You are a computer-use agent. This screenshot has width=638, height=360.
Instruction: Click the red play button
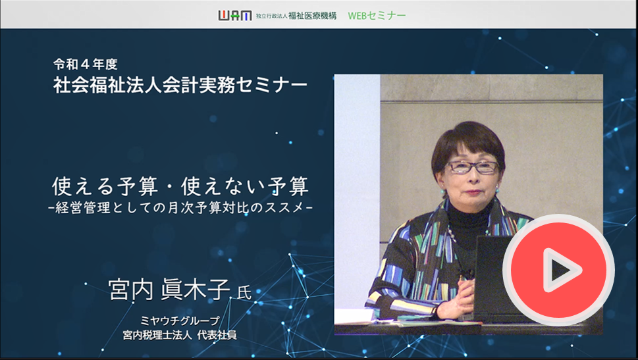558,270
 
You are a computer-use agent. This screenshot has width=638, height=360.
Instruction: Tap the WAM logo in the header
235,15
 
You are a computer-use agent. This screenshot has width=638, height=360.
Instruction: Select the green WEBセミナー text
377,15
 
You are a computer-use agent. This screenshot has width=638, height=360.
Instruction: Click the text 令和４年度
86,64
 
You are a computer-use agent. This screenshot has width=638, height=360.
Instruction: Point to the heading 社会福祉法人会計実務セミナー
180,85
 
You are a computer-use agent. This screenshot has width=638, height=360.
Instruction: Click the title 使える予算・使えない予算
180,186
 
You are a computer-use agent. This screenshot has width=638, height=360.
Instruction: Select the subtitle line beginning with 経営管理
180,208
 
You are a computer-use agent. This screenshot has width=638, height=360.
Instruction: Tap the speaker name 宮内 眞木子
169,290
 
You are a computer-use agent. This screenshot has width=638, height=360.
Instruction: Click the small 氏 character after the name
244,293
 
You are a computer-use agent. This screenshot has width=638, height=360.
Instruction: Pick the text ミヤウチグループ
180,321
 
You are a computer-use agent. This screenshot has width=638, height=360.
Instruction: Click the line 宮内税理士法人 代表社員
180,335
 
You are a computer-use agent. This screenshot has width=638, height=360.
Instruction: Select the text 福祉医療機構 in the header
313,16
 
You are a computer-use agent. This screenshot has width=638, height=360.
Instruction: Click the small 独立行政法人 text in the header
272,16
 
